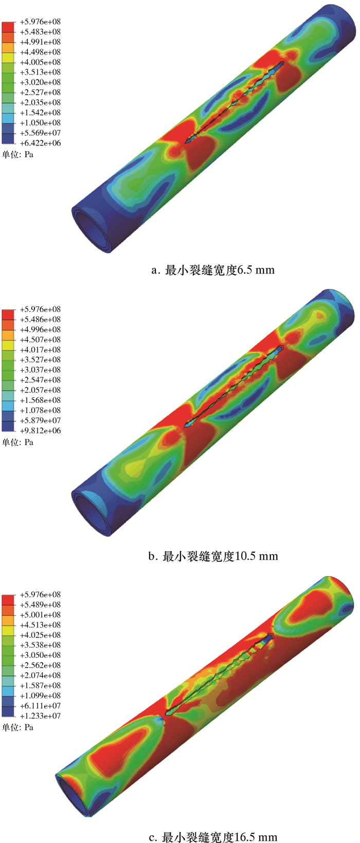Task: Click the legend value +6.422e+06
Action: (x=40, y=143)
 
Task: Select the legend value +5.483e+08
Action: (x=40, y=32)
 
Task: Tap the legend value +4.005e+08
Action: (x=40, y=62)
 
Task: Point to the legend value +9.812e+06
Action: (x=40, y=431)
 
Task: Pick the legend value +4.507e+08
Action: (x=40, y=339)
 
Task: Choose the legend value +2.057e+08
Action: (x=40, y=390)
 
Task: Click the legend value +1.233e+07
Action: (x=40, y=716)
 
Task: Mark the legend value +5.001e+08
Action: (x=40, y=615)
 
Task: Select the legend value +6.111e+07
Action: (x=40, y=706)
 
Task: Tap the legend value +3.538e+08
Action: (x=40, y=645)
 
